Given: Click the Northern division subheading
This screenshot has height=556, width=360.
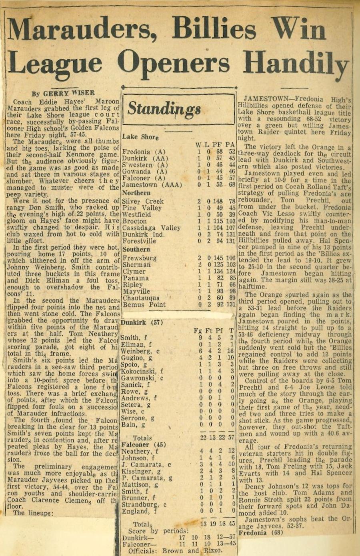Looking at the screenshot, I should (x=136, y=193).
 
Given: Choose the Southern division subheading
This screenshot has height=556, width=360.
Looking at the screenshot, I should (x=136, y=249).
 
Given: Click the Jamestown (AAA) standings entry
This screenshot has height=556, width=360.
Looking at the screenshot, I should (x=152, y=185).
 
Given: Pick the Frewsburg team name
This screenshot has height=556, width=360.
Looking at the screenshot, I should (x=139, y=258).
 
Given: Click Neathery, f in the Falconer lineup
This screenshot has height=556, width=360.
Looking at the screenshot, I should (x=140, y=452).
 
